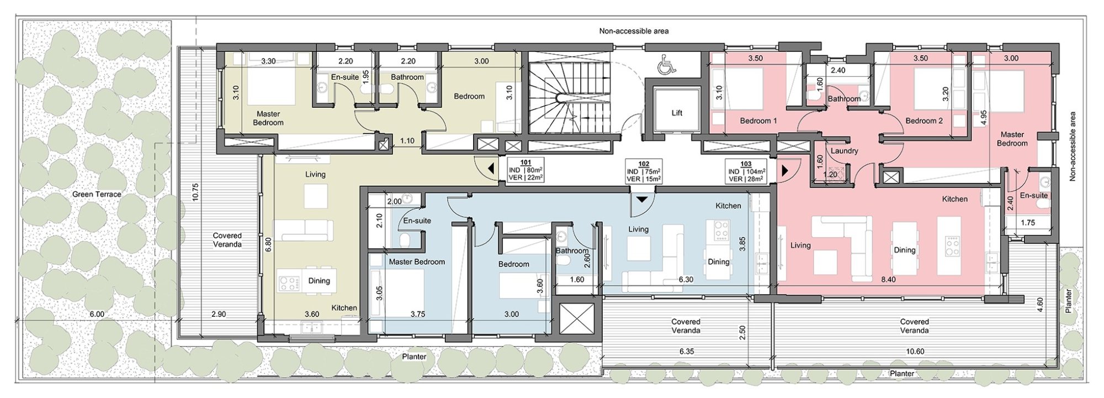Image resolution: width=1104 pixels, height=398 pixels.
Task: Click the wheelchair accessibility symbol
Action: (666, 66)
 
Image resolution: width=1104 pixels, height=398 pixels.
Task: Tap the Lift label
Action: (677, 113)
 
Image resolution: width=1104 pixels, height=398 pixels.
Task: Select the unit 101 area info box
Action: (526, 170)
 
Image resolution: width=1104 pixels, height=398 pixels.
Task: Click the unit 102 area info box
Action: (644, 171)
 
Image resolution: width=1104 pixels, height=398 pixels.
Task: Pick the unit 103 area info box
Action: (746, 171)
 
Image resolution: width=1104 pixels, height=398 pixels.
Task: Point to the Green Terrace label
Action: (97, 194)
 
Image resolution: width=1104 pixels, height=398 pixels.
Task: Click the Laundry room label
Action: (844, 151)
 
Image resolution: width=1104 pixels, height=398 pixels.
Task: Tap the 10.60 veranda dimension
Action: (915, 351)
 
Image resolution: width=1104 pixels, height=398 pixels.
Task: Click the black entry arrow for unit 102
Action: (641, 198)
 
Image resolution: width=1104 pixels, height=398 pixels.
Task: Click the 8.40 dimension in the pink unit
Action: (888, 280)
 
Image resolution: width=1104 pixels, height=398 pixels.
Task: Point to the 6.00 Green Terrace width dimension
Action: (97, 314)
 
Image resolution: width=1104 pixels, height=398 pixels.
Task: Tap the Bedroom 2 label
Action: (924, 121)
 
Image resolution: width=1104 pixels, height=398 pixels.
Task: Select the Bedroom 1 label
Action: (758, 121)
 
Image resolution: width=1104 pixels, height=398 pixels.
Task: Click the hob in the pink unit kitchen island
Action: (952, 246)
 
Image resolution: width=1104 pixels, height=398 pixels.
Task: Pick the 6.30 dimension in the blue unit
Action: (686, 280)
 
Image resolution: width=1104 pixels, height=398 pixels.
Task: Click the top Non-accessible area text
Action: (634, 31)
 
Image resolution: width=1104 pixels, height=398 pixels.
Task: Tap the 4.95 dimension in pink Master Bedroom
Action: (983, 119)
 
